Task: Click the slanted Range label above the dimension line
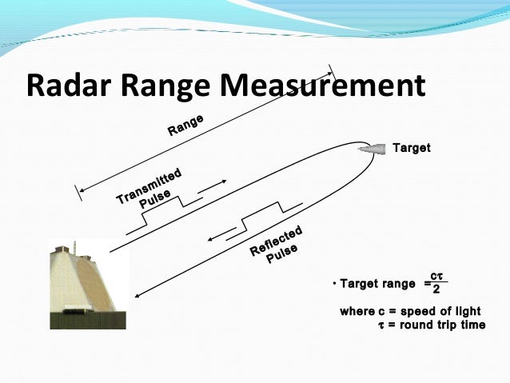coord(185,125)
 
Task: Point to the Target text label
coord(412,148)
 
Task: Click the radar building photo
coord(86,283)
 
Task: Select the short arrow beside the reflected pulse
coord(219,234)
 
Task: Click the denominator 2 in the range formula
coord(436,289)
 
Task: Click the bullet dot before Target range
coord(334,284)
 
